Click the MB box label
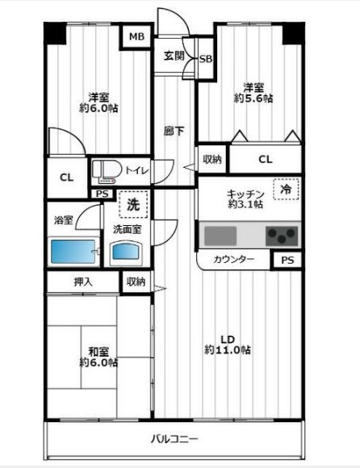(x=136, y=36)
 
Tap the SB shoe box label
(x=205, y=60)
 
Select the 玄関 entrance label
(x=174, y=56)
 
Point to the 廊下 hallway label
(x=173, y=131)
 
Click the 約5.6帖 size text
(x=253, y=99)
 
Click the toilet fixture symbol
(x=106, y=170)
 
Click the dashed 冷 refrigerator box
(x=285, y=189)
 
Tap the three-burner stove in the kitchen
(x=282, y=236)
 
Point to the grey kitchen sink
(x=220, y=236)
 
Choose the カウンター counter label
(x=235, y=260)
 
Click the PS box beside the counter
(x=287, y=260)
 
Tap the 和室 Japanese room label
(x=98, y=351)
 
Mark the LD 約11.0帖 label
(x=227, y=344)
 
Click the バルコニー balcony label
(x=174, y=440)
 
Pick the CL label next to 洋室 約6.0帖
(x=66, y=178)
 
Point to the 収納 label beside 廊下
(x=212, y=159)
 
